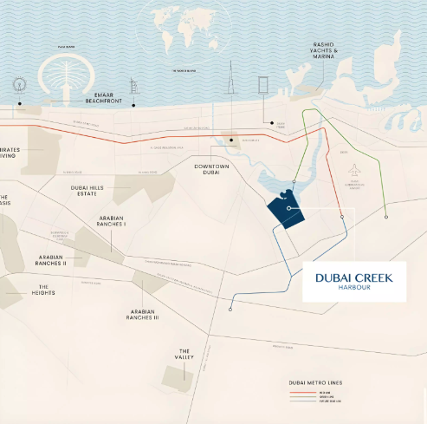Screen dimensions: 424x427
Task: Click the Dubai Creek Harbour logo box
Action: click(353, 281)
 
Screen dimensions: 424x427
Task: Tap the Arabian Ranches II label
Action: click(51, 259)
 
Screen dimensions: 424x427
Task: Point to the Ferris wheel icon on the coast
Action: click(19, 85)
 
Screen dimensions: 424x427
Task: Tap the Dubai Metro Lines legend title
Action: click(314, 382)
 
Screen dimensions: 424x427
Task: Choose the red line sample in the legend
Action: click(301, 392)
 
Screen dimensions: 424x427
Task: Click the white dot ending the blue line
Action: click(230, 309)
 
